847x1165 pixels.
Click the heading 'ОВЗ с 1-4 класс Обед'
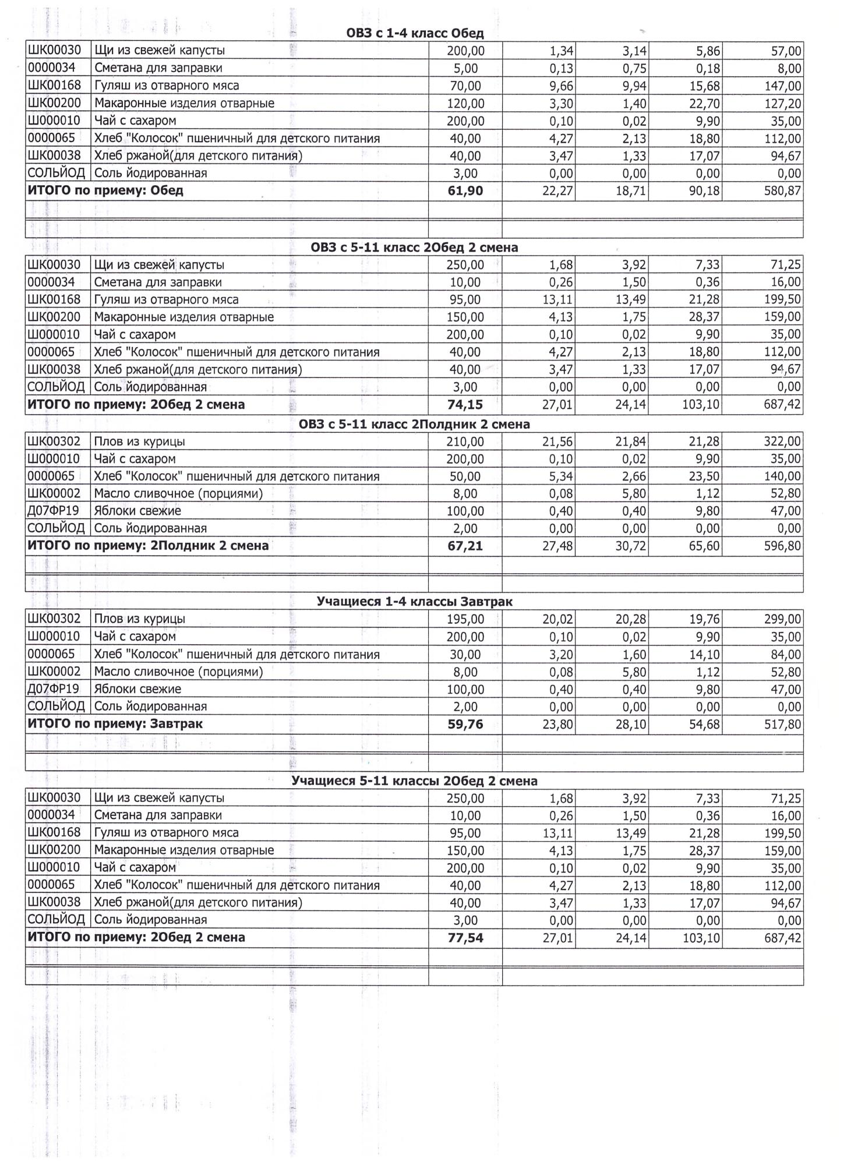point(415,33)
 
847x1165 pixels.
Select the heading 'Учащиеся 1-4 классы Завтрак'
point(415,601)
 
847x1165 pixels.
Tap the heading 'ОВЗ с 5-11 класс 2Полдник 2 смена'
point(414,424)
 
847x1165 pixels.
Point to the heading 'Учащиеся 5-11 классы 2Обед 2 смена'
point(414,781)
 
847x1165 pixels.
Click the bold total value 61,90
point(465,191)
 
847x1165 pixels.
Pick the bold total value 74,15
point(465,404)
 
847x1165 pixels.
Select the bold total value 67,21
point(465,546)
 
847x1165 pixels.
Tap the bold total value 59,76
point(465,725)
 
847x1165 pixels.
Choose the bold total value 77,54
point(465,938)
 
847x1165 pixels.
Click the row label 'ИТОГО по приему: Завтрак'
point(115,724)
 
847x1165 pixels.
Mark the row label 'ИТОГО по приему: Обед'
point(105,190)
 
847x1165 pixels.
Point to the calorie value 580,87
point(782,191)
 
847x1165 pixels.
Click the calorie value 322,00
point(782,442)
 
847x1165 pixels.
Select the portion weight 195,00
point(465,619)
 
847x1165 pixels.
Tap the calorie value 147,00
point(782,86)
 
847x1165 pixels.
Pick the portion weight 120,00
point(465,104)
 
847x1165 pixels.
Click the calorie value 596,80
point(782,546)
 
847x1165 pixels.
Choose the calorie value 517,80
point(782,725)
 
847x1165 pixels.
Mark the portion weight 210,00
point(465,442)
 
